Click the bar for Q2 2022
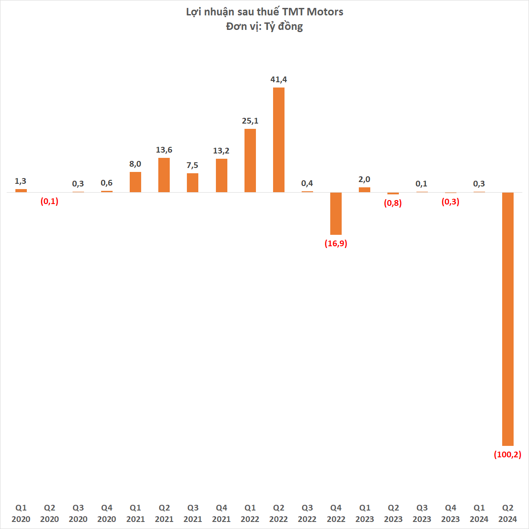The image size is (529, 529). click(278, 140)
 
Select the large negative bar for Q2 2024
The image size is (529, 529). click(507, 319)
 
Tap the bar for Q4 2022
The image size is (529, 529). click(336, 213)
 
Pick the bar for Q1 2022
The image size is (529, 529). click(250, 161)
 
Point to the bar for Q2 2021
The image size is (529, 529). click(164, 175)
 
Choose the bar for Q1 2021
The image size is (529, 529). click(135, 182)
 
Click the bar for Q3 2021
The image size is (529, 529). click(193, 182)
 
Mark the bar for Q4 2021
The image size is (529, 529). click(221, 175)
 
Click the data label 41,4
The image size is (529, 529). click(278, 80)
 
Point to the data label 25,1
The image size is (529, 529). click(250, 121)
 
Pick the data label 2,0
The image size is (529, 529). click(365, 179)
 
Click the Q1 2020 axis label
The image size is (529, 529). click(21, 513)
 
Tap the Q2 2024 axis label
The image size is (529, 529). click(507, 513)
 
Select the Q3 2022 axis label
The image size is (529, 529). click(307, 513)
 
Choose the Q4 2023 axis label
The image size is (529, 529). click(450, 513)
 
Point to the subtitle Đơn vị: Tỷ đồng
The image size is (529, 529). click(264, 26)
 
